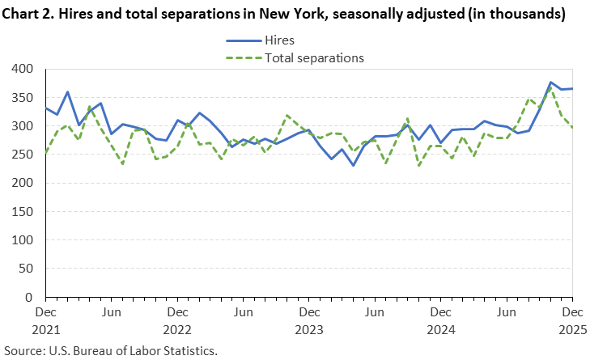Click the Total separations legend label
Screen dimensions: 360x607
[x=313, y=57]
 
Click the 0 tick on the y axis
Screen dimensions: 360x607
[x=34, y=297]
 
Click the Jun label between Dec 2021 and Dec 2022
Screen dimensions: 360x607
[x=111, y=311]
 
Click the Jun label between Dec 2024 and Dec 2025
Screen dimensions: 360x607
[x=506, y=311]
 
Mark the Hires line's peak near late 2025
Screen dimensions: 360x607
[x=550, y=83]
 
